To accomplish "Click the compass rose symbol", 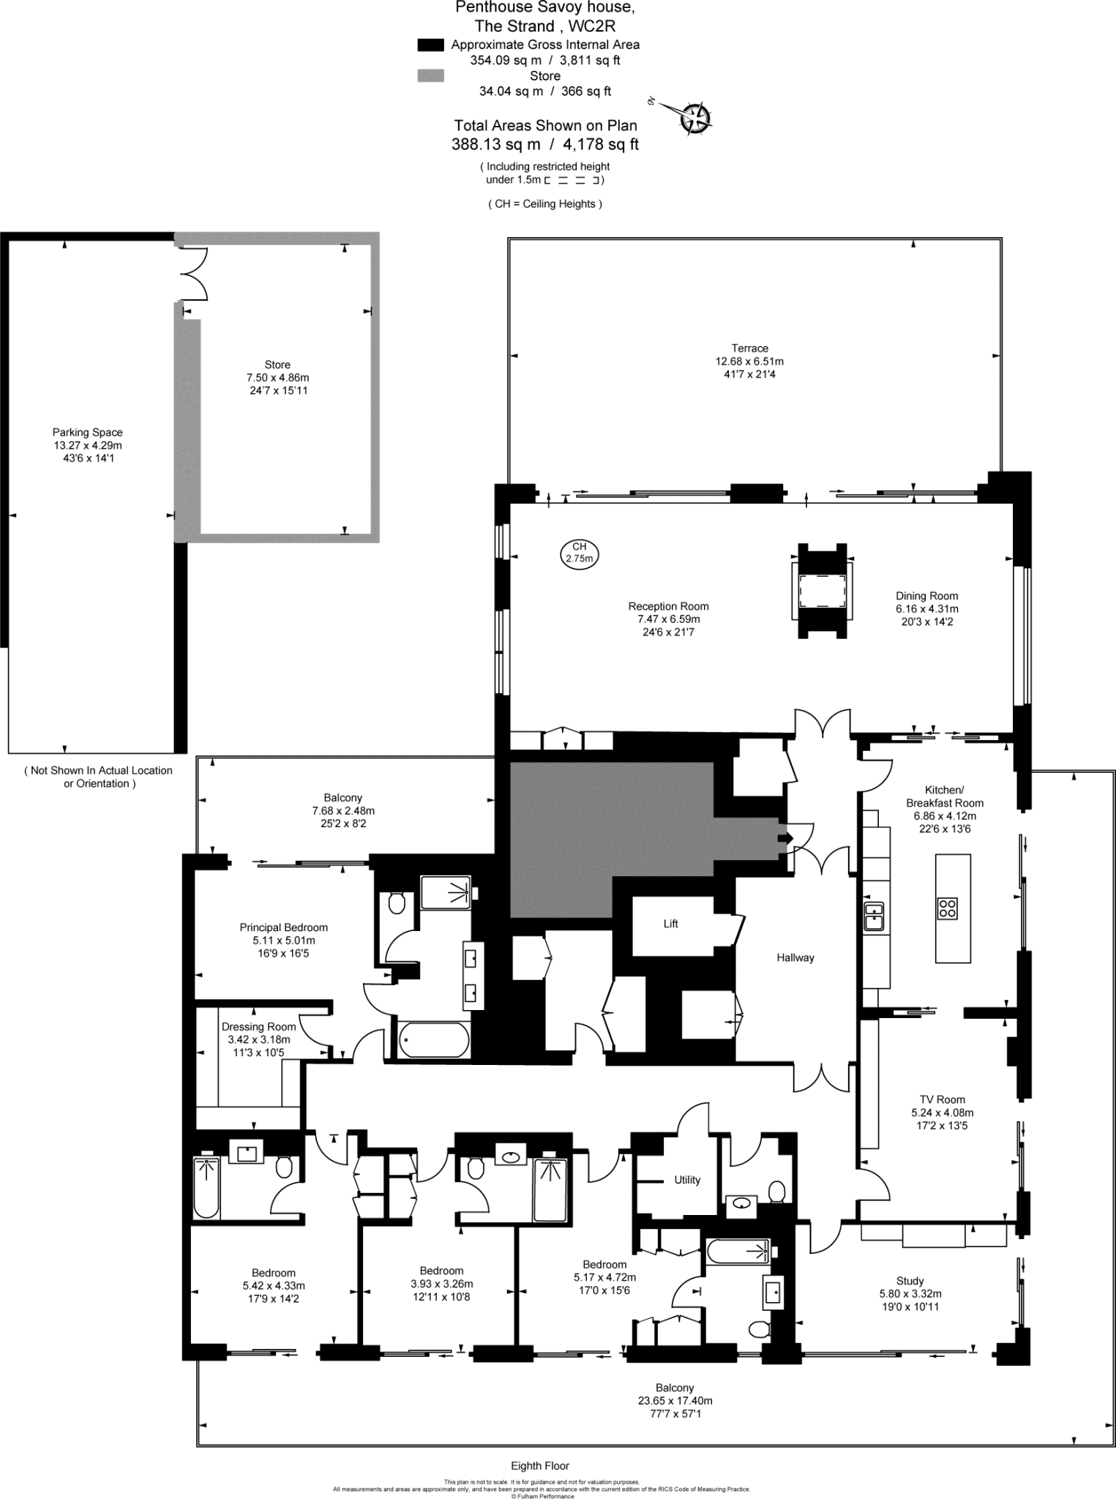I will pyautogui.click(x=694, y=118).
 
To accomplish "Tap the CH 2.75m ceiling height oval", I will pyautogui.click(x=579, y=553).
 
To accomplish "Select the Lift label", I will pyautogui.click(x=670, y=924).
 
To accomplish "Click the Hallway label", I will pyautogui.click(x=795, y=957).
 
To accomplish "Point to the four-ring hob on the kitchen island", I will pyautogui.click(x=948, y=908).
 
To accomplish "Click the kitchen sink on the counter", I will pyautogui.click(x=874, y=916).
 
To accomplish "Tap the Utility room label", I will pyautogui.click(x=686, y=1180).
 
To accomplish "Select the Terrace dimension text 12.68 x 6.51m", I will pyautogui.click(x=749, y=361).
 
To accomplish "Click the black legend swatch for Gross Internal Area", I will pyautogui.click(x=430, y=45).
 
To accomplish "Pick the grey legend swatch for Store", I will pyautogui.click(x=430, y=76).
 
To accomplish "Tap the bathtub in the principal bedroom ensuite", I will pyautogui.click(x=434, y=1040).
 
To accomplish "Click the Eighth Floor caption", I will pyautogui.click(x=540, y=1465).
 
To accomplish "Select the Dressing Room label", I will pyautogui.click(x=258, y=1027).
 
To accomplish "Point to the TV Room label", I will pyautogui.click(x=942, y=1099).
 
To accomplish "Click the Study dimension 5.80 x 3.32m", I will pyautogui.click(x=910, y=1293).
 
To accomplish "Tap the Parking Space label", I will pyautogui.click(x=87, y=433).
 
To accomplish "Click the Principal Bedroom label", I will pyautogui.click(x=283, y=927).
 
